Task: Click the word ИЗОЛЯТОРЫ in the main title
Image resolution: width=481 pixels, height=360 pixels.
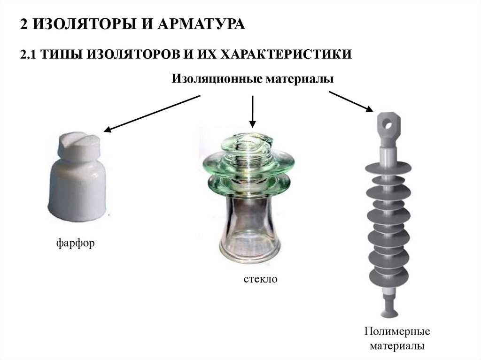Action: (84, 24)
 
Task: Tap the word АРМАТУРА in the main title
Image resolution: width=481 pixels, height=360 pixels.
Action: (202, 24)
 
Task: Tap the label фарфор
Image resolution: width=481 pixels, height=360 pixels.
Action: (76, 243)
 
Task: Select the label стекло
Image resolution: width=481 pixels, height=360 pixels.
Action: (260, 279)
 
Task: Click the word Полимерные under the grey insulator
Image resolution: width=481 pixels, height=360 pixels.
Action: (397, 331)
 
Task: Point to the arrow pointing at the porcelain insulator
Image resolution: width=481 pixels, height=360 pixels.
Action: (152, 114)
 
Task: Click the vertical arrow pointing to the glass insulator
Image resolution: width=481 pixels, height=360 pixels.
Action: (252, 111)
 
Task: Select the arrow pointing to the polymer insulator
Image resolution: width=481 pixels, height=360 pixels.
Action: (351, 101)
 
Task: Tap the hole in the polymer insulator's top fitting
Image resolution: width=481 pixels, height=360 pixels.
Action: (389, 125)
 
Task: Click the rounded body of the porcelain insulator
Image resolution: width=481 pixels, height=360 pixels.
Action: (78, 190)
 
